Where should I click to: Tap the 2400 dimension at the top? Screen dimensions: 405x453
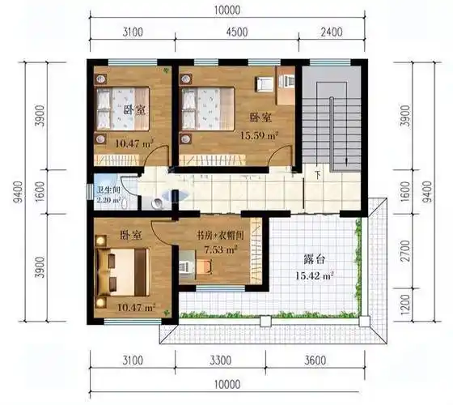click(332, 33)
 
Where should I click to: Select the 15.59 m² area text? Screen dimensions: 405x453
click(259, 135)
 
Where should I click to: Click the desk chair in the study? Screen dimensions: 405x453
click(185, 263)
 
